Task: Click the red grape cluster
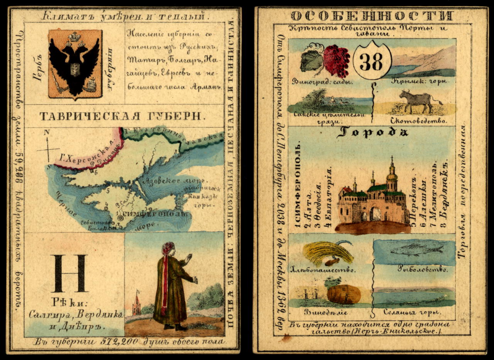(x=337, y=61)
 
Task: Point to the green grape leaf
(x=311, y=60)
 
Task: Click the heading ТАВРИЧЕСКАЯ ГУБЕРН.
(x=124, y=116)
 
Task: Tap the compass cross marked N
(x=49, y=148)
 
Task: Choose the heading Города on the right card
(x=372, y=133)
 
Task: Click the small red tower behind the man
(x=136, y=303)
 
